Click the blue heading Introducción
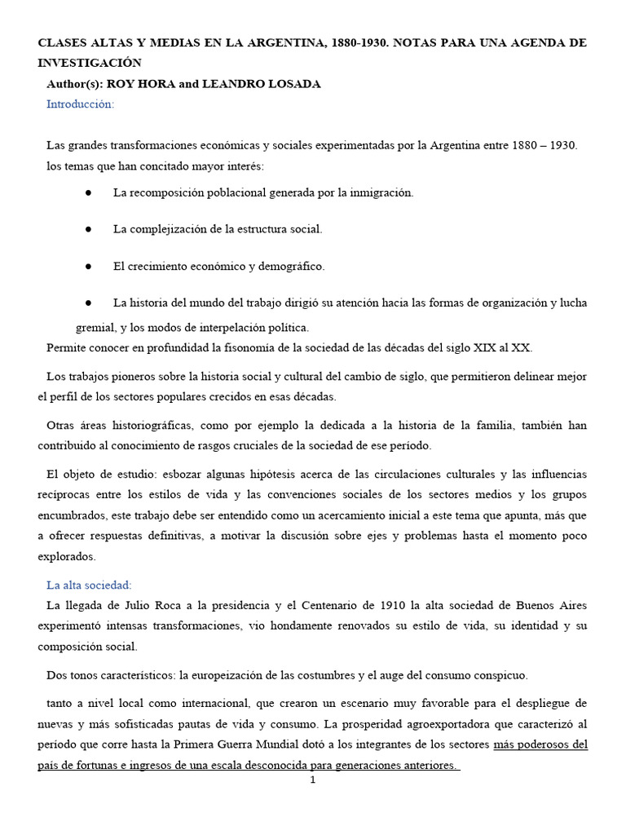(81, 104)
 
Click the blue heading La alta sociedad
(89, 584)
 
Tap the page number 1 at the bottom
(312, 780)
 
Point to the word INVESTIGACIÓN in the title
(90, 63)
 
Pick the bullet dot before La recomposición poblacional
(86, 192)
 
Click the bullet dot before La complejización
(86, 229)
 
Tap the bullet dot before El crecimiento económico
(86, 266)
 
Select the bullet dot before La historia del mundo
(86, 303)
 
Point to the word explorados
(67, 557)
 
